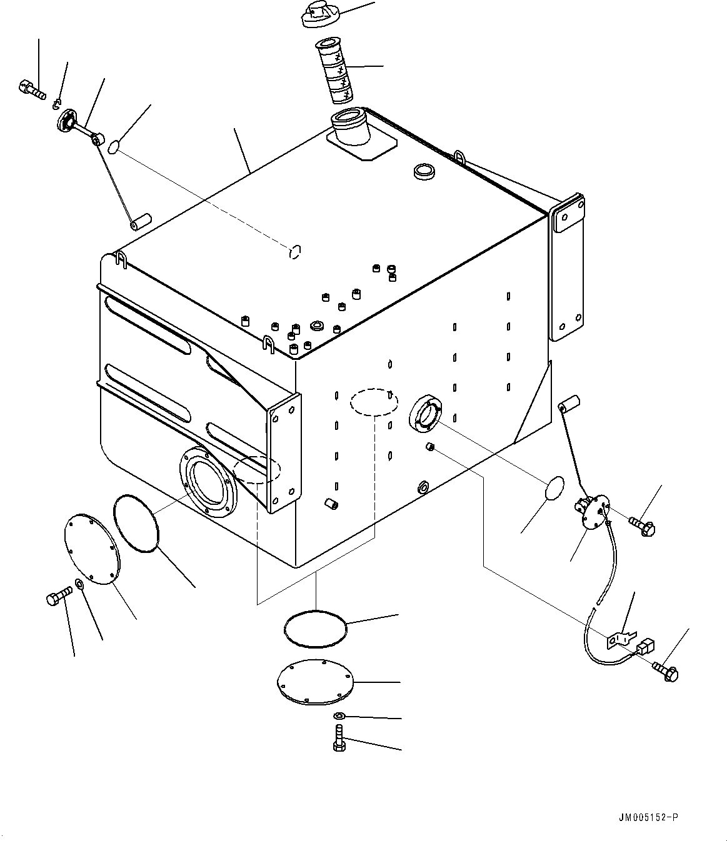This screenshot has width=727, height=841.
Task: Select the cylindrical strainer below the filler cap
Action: point(335,72)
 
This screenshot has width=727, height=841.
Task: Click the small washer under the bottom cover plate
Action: point(338,715)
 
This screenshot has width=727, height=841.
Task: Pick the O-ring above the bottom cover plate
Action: point(315,627)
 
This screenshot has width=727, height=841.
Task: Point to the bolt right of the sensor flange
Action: point(641,524)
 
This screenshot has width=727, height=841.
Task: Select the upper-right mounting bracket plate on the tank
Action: point(567,269)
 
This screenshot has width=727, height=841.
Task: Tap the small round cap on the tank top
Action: point(425,172)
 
